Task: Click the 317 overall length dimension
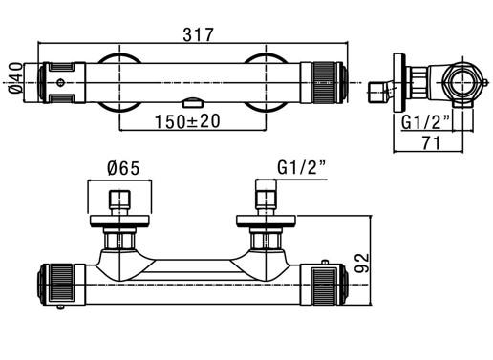point(198,34)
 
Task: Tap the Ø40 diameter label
point(16,78)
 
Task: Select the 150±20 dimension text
point(187,121)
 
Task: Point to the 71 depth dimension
point(431,143)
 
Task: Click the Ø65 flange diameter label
point(123,168)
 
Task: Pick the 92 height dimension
point(362,263)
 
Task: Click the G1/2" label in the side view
point(425,122)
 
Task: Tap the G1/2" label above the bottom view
point(302,167)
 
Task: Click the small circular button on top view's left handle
point(60,83)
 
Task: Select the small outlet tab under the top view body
point(193,103)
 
